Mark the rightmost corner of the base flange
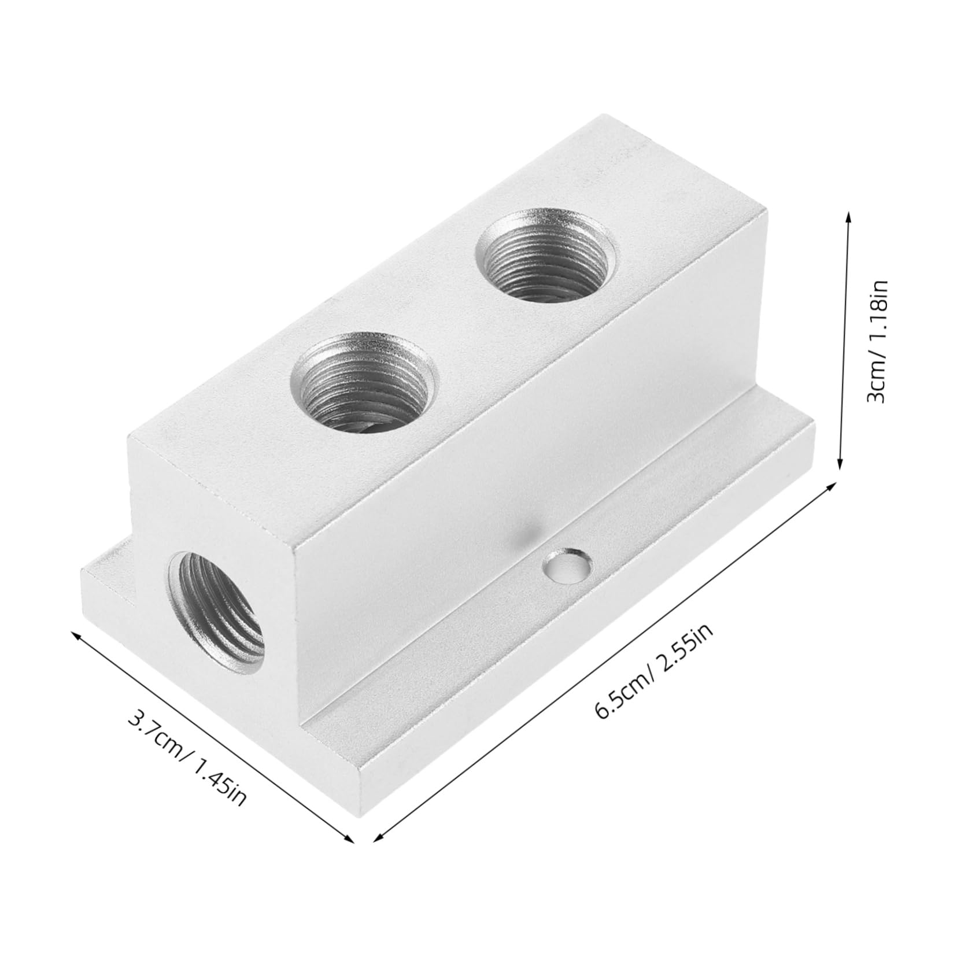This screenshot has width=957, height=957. tap(814, 428)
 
